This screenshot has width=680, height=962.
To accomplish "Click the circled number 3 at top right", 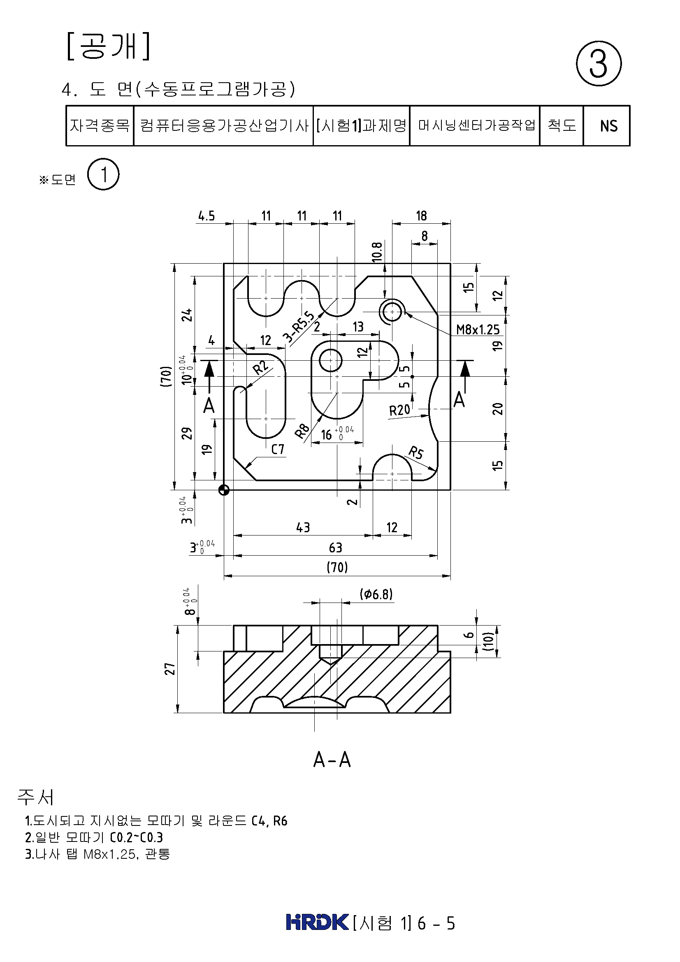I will [599, 64].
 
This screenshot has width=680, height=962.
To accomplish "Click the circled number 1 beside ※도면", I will [104, 174].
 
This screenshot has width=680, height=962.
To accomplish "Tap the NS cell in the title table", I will [608, 126].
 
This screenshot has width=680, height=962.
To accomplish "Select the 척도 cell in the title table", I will [562, 125].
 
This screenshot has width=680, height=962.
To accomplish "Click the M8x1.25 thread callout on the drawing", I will [478, 329].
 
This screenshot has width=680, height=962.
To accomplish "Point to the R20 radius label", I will [399, 410].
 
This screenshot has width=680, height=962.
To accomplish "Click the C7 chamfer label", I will [277, 450].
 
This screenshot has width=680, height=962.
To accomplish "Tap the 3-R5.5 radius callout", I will [298, 327].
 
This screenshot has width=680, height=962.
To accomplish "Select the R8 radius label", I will [302, 431].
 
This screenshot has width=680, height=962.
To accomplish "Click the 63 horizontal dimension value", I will [335, 547].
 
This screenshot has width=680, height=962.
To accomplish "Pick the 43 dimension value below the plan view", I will [303, 527].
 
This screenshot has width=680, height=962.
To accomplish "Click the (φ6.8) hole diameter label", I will [376, 594].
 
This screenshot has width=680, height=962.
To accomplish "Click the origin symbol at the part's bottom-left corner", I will [224, 490].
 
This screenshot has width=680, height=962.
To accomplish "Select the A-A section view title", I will [332, 759].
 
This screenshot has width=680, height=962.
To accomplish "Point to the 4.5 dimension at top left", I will [206, 216].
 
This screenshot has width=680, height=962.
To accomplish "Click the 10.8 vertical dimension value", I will [377, 252].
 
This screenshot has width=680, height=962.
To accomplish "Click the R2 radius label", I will [260, 367].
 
